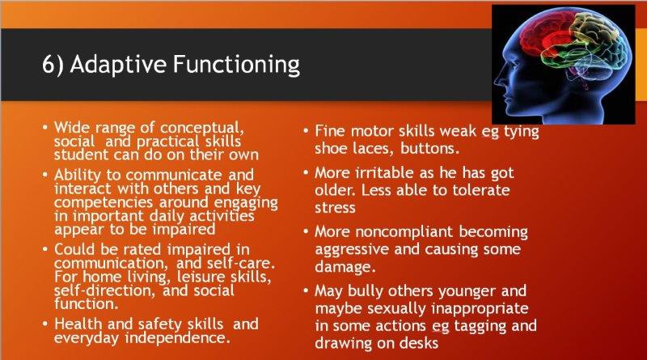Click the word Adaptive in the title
pos(118,65)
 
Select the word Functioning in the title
pos(236,66)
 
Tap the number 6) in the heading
pos(53,66)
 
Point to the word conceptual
pos(202,128)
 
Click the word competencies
pos(104,203)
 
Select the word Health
pos(78,324)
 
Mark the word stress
pos(335,208)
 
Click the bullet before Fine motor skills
pos(306,131)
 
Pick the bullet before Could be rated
pos(44,249)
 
